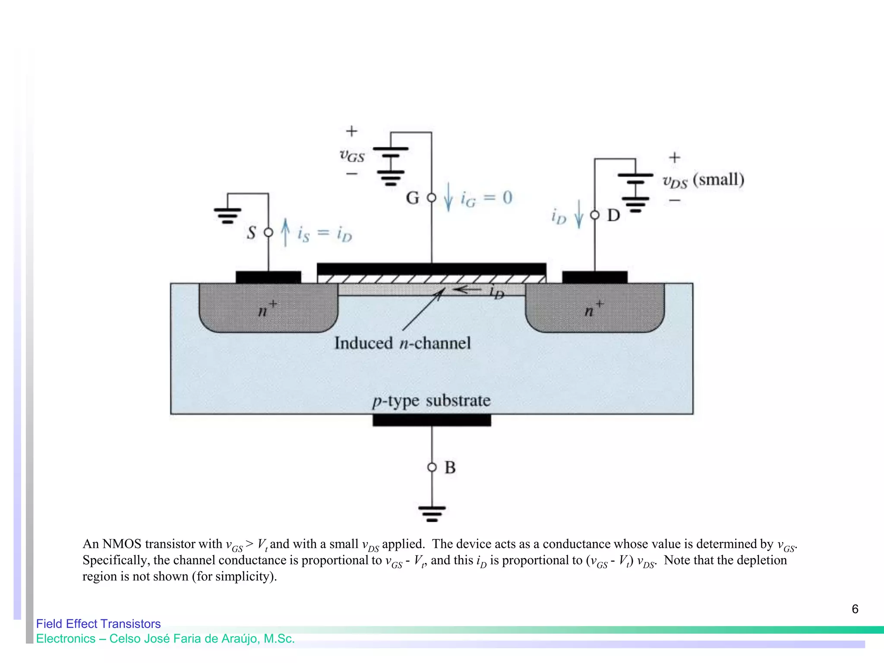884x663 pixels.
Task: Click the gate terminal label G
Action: click(x=412, y=198)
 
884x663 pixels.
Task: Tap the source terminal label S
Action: click(x=251, y=233)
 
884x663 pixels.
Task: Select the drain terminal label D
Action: click(x=613, y=215)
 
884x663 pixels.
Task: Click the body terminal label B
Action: click(x=450, y=467)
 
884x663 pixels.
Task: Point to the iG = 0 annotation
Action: click(x=486, y=199)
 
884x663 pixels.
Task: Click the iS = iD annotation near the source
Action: click(x=325, y=234)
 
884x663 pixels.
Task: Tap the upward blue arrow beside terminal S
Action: click(x=285, y=232)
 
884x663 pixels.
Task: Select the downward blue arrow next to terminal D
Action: click(x=579, y=214)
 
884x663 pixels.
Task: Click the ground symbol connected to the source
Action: click(x=227, y=215)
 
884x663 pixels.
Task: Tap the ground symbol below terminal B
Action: click(x=432, y=514)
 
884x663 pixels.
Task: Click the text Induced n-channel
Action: click(x=402, y=344)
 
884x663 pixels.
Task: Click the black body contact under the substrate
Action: click(x=432, y=420)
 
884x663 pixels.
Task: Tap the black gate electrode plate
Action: click(x=431, y=268)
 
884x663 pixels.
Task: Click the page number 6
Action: click(x=855, y=609)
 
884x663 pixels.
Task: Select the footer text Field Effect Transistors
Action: click(x=98, y=624)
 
